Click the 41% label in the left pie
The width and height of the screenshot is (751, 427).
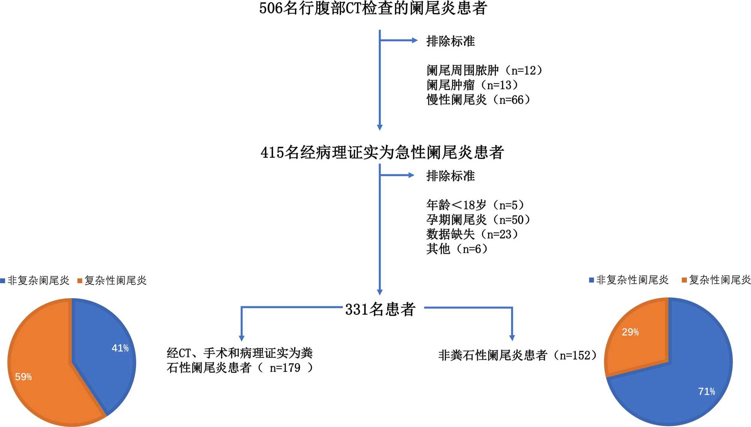[120, 348]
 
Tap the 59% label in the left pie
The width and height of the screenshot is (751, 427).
[23, 377]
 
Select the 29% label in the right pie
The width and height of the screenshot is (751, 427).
[630, 332]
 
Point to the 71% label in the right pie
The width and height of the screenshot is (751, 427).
[706, 391]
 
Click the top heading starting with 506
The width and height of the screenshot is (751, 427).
[373, 8]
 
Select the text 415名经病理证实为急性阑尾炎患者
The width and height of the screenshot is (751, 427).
[382, 152]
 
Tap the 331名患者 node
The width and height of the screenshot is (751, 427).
[380, 309]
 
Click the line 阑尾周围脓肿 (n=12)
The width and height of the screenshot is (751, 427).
[484, 70]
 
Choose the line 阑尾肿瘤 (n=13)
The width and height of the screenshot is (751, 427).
[472, 85]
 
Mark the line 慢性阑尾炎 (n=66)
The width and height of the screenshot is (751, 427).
[478, 100]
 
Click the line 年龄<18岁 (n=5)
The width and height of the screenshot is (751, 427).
[475, 205]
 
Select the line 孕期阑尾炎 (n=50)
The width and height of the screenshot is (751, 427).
[478, 220]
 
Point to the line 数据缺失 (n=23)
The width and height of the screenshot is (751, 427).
[472, 234]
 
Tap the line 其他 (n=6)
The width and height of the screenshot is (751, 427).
[457, 249]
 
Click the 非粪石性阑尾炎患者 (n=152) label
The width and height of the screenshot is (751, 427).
[517, 355]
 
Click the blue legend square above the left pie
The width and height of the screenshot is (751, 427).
[3, 281]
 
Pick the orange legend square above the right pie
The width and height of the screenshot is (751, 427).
[684, 280]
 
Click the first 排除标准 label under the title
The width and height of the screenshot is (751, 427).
[450, 41]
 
